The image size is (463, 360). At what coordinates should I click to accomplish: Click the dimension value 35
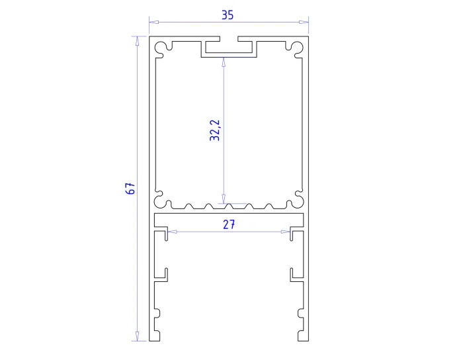point(228,15)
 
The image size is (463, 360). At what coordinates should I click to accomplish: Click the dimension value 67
point(130,189)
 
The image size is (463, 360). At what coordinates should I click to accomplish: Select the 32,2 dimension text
point(215,130)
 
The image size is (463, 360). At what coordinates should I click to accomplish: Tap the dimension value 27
point(229,224)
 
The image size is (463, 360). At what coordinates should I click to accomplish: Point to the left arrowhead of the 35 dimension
point(154,22)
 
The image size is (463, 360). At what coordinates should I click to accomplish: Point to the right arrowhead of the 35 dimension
point(304,22)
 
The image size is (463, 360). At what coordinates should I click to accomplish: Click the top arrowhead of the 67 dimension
point(137,41)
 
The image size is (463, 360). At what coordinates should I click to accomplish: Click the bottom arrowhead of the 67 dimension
point(137,336)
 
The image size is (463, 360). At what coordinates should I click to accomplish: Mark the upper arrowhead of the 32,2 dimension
point(224,62)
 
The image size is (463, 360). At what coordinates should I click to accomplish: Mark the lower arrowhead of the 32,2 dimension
point(224,199)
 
